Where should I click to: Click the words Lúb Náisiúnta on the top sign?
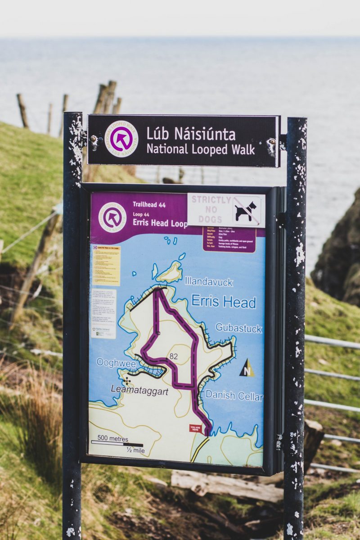[191, 134]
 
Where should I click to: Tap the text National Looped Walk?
[201, 149]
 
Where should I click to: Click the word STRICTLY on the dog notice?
[211, 200]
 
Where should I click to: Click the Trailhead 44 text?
[149, 204]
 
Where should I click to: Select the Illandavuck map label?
[208, 282]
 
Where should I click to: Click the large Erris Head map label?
[223, 301]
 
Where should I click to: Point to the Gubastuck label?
[238, 328]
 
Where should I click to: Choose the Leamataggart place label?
[139, 391]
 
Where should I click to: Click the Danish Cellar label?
[234, 396]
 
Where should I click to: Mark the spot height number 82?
[174, 356]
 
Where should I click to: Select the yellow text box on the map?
[106, 265]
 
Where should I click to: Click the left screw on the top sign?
[94, 142]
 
